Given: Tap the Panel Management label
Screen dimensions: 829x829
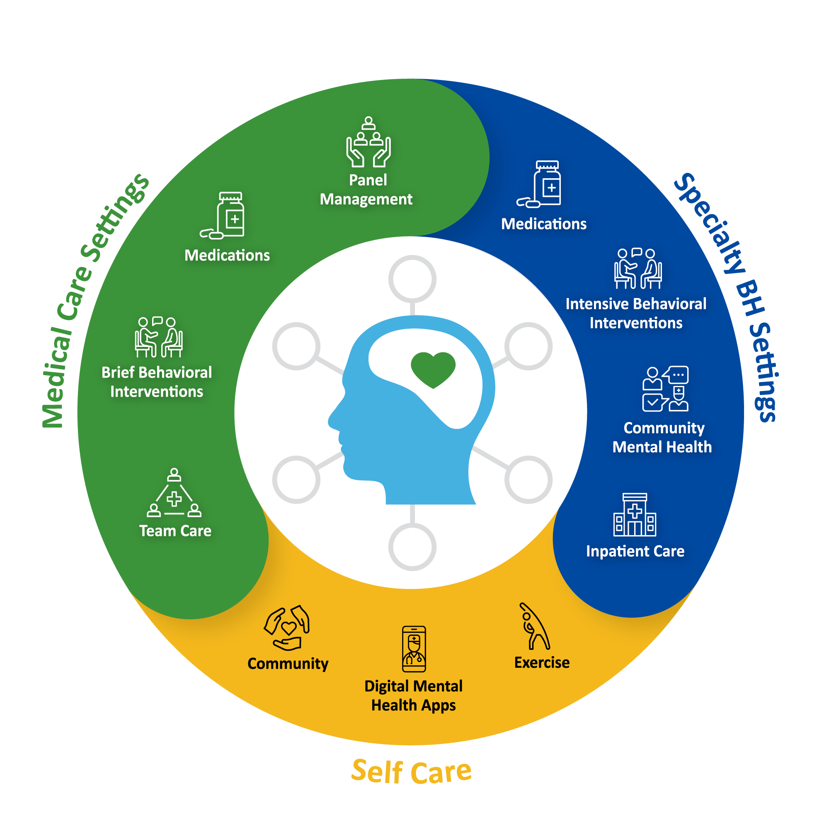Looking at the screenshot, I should pyautogui.click(x=367, y=190).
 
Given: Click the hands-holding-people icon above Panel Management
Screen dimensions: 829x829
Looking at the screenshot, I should pyautogui.click(x=368, y=143).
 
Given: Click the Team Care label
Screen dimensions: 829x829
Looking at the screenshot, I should pyautogui.click(x=175, y=531).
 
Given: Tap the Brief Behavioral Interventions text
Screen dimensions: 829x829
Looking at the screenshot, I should pyautogui.click(x=157, y=382).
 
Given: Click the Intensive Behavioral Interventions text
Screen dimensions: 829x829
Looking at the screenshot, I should pyautogui.click(x=636, y=313).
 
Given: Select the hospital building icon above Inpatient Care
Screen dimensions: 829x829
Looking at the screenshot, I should pyautogui.click(x=635, y=515).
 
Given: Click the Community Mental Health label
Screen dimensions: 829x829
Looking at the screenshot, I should pyautogui.click(x=662, y=438).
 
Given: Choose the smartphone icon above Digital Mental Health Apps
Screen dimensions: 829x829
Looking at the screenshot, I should pyautogui.click(x=414, y=649).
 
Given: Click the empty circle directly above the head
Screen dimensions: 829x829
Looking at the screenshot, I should pyautogui.click(x=412, y=279).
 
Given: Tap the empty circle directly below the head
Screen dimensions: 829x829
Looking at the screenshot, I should pyautogui.click(x=412, y=548).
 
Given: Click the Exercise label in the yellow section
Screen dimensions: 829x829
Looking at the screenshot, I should pyautogui.click(x=542, y=662).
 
